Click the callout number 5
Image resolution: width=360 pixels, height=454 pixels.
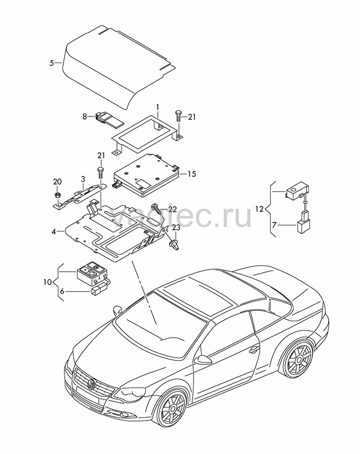point(52,63)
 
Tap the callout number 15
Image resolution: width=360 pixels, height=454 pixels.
point(192,174)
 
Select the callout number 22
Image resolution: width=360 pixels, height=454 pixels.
point(172,209)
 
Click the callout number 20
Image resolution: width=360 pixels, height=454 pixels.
point(57,182)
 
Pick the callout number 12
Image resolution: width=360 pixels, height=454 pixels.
point(259,208)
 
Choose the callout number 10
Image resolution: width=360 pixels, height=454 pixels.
point(48,281)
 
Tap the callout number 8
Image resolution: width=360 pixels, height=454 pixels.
point(85,117)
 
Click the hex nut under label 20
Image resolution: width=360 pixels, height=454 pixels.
point(57,195)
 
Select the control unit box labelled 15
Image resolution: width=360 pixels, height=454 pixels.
point(146,174)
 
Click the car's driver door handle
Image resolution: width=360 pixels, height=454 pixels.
point(254,350)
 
